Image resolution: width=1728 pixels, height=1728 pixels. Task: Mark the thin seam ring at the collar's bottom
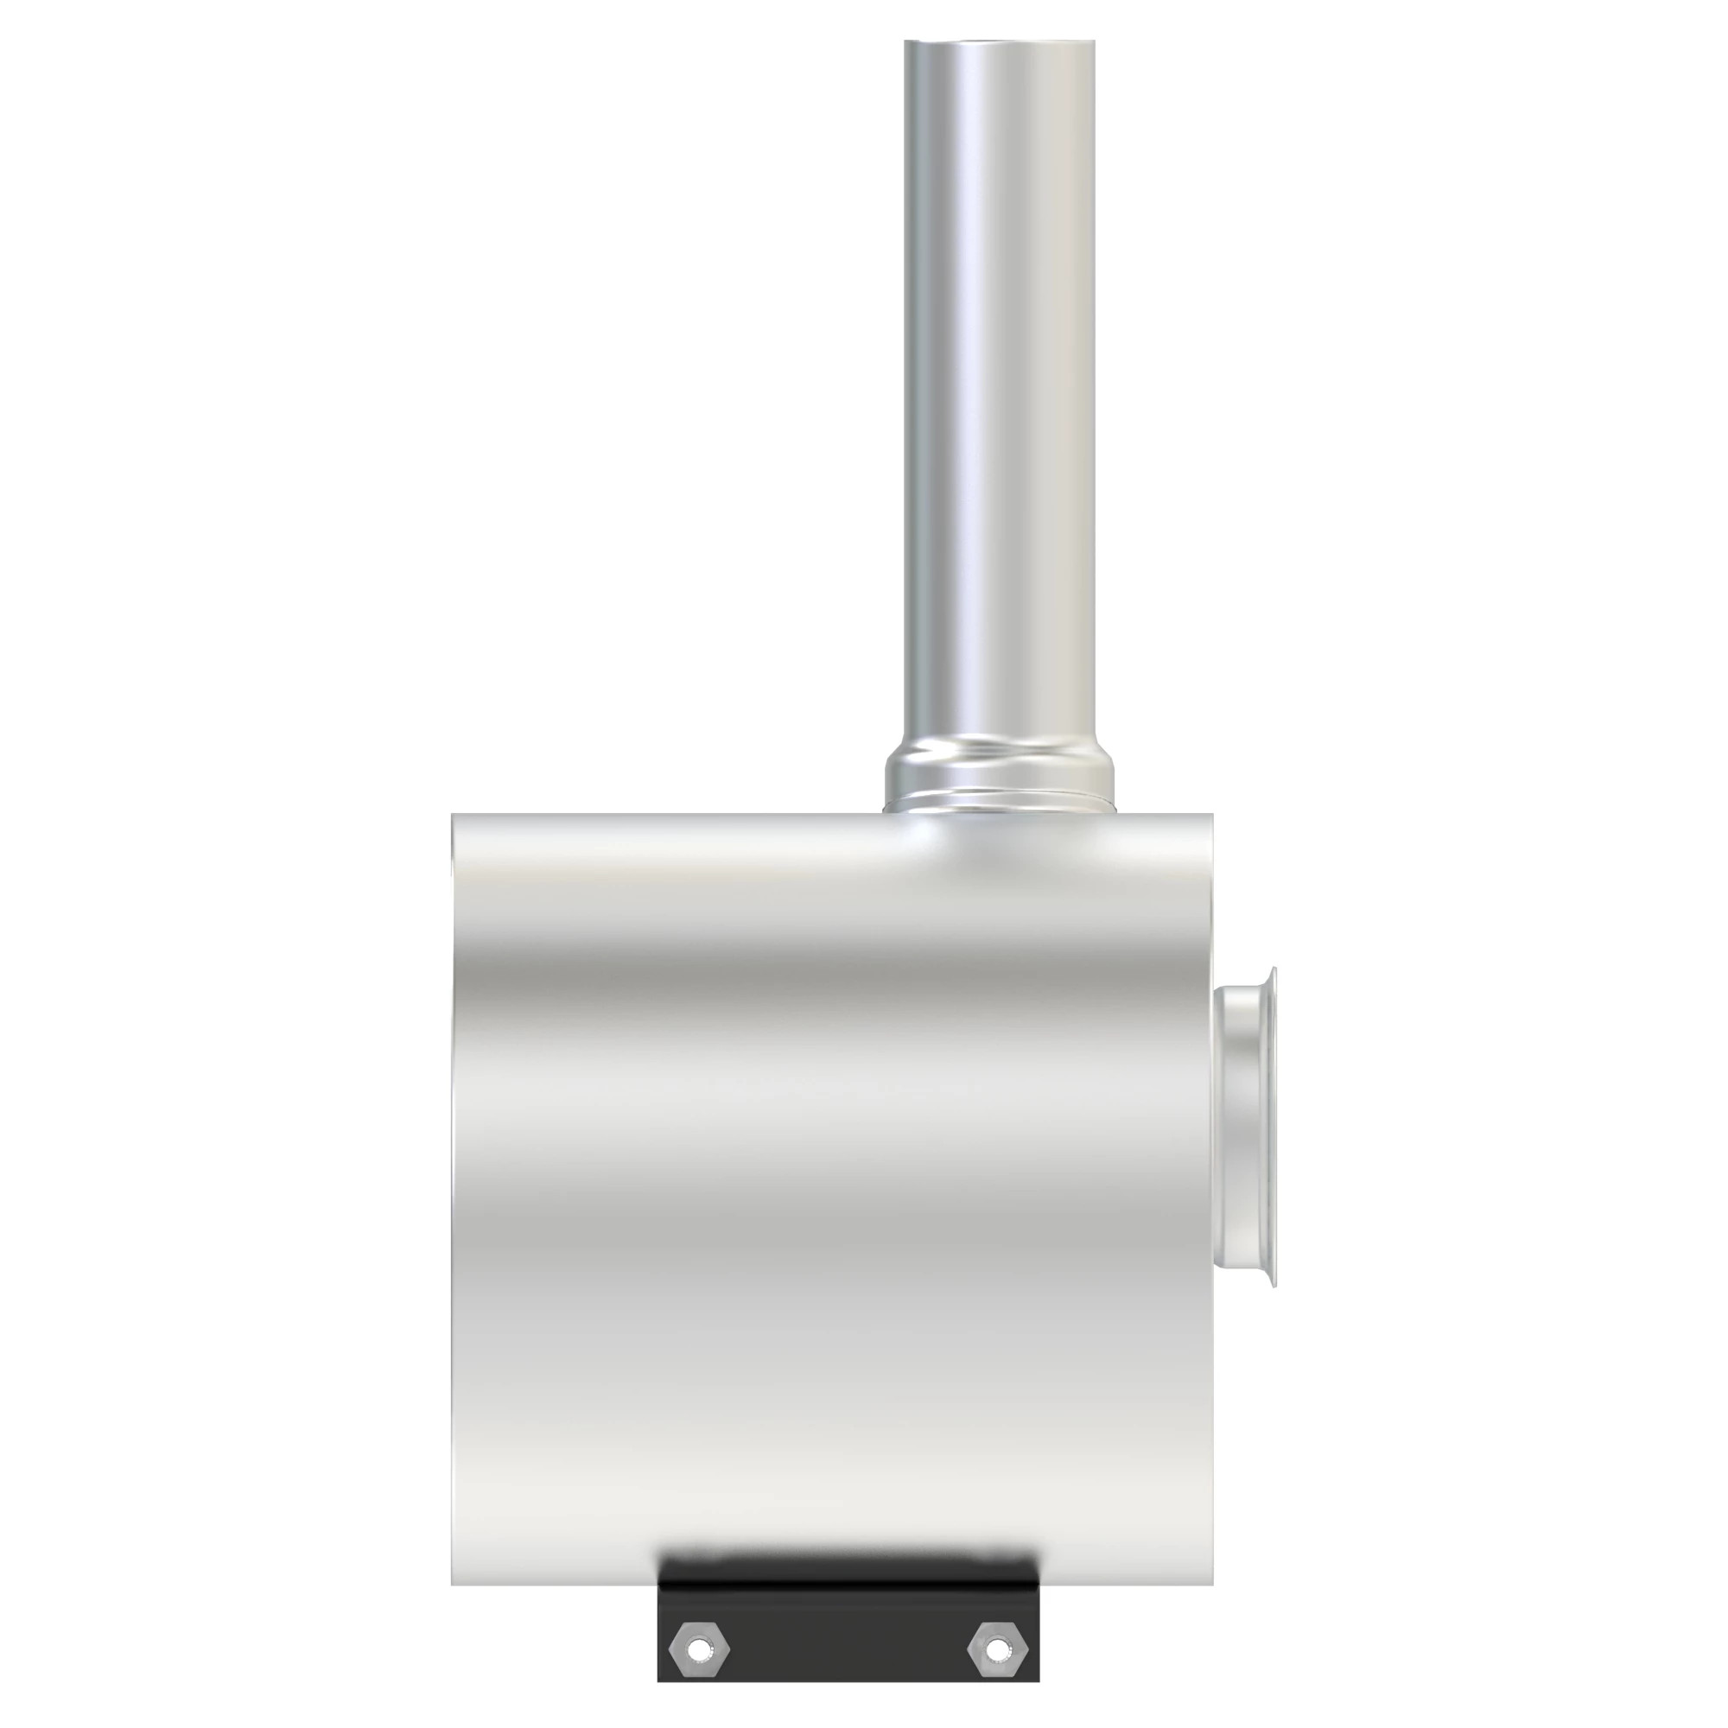click(x=999, y=808)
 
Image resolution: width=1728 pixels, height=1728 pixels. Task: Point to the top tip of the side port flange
click(x=1272, y=969)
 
